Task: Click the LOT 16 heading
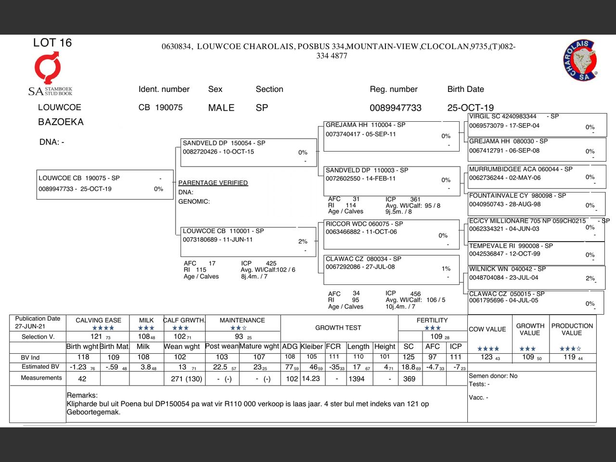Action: [52, 43]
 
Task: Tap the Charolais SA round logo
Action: [580, 61]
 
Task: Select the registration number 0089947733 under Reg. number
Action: [395, 108]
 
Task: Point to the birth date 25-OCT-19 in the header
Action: [470, 108]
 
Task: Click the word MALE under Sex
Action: [221, 108]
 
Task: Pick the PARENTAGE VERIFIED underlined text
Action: [213, 183]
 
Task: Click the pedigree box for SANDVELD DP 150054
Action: [248, 152]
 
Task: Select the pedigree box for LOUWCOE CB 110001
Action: [248, 241]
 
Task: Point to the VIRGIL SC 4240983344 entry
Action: [537, 125]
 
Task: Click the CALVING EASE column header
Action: [98, 320]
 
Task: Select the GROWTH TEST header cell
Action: [338, 328]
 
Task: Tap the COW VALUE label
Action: [487, 329]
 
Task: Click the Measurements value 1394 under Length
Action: [357, 379]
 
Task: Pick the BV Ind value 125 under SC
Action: [409, 357]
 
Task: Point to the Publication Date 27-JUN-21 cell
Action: [38, 322]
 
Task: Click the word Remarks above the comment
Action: [82, 395]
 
